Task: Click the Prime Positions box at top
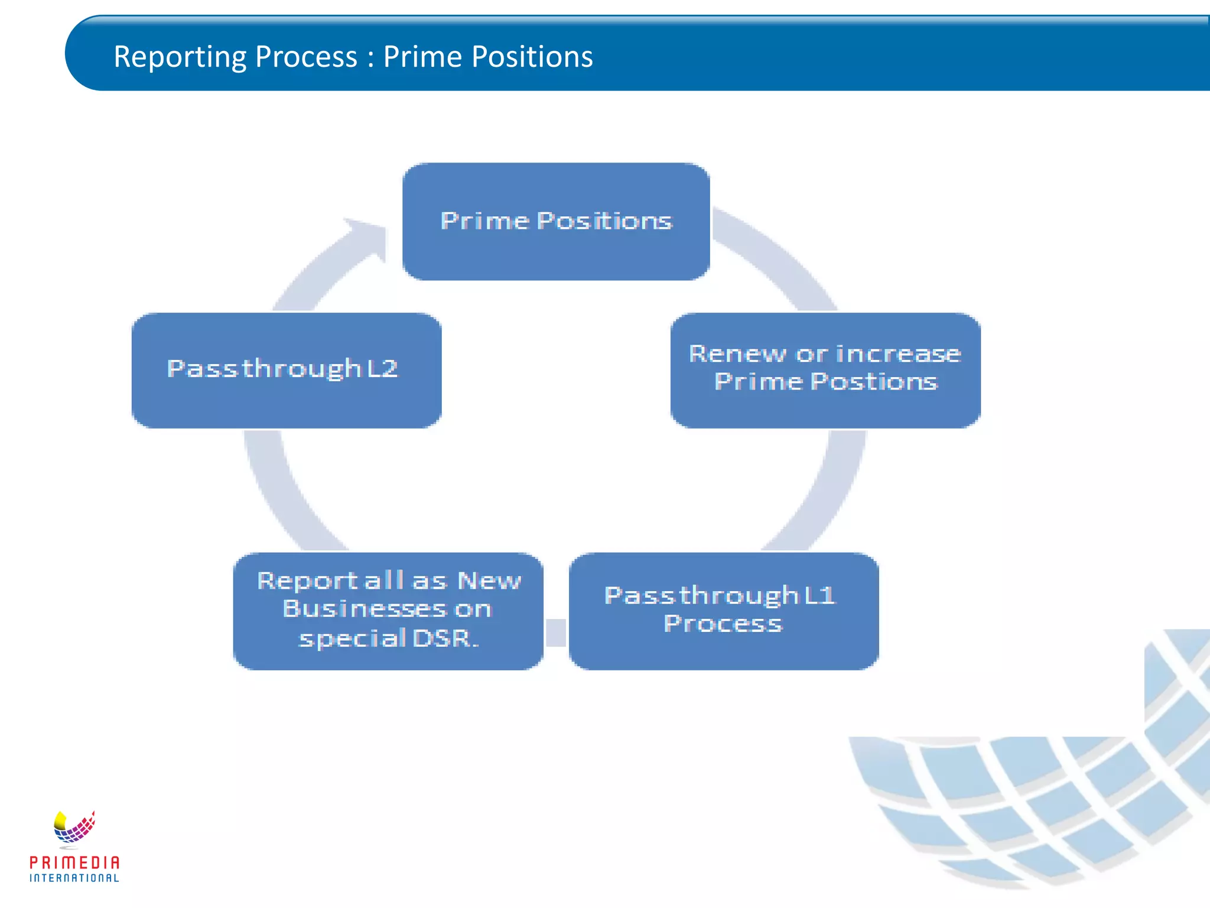[x=555, y=221]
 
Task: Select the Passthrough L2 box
[x=286, y=370]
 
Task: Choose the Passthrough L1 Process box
[x=723, y=611]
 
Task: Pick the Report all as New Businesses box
[x=388, y=611]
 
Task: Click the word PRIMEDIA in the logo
[x=74, y=862]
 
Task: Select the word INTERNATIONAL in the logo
[x=74, y=878]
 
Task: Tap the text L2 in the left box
[x=382, y=369]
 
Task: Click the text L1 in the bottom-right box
[x=819, y=595]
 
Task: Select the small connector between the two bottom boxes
[x=556, y=633]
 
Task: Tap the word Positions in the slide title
[x=532, y=57]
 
